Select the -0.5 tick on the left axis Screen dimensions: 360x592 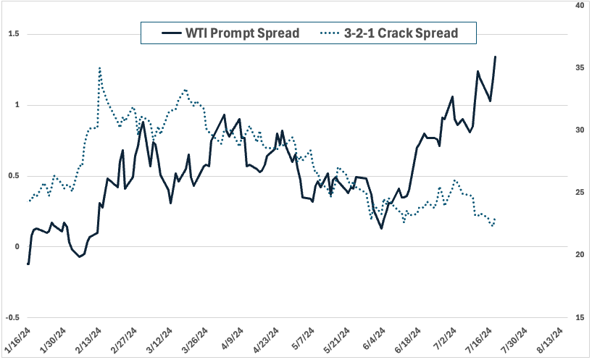11,317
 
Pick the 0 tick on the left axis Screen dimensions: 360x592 16,246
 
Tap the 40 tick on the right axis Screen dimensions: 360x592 579,5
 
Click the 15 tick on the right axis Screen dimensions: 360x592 579,317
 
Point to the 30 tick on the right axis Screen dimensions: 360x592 579,130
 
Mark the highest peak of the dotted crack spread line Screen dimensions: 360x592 99,67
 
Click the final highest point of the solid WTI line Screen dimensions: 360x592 495,56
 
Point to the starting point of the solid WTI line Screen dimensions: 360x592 28,264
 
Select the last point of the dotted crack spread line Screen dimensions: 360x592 495,219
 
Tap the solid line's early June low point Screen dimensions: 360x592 381,228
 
